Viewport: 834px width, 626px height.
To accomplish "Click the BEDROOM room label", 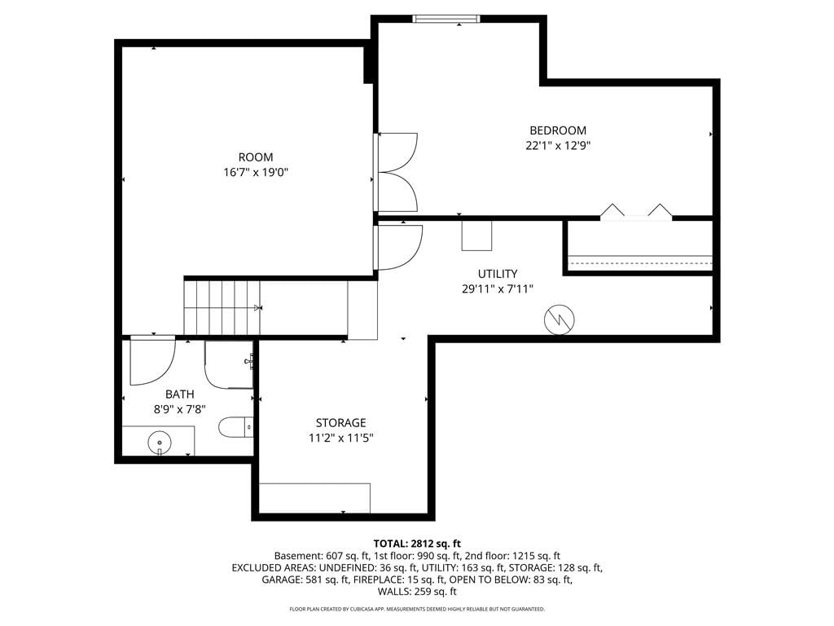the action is coord(558,130).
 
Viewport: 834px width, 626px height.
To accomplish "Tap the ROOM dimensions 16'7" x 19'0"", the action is coord(256,173).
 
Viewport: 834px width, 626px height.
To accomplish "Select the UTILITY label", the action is coord(498,274).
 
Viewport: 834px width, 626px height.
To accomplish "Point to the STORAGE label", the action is coord(341,423).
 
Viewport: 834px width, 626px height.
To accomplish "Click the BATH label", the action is coord(180,395).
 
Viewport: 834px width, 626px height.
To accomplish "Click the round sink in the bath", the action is coord(160,442).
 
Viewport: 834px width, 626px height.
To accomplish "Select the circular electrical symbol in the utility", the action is coord(559,320).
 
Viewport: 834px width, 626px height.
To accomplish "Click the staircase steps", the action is coord(222,307).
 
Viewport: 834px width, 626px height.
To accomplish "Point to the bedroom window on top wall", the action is coord(446,20).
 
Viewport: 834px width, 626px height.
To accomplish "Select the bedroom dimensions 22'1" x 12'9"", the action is coord(558,145).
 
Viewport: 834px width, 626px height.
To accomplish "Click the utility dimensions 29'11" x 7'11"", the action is coord(498,289).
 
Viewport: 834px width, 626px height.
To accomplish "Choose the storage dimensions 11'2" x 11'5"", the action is coord(341,438).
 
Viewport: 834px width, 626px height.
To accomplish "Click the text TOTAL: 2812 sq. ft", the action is coord(417,544).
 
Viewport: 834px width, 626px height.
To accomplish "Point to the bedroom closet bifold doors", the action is coord(636,211).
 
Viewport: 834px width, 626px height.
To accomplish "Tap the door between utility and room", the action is coord(399,248).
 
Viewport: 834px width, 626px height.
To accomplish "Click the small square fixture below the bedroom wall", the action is coord(476,235).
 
